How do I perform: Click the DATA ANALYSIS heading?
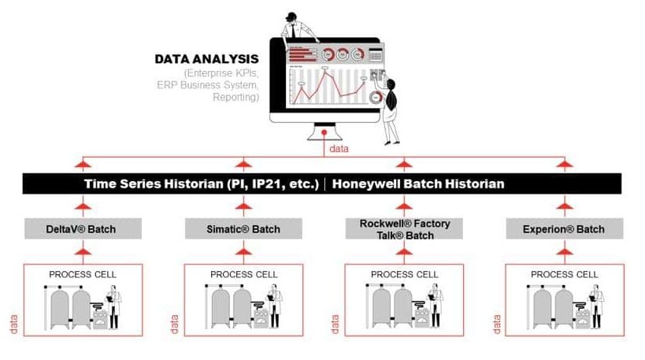pos(206,59)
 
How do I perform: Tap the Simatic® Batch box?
pos(243,228)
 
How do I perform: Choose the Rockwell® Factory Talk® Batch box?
pos(404,228)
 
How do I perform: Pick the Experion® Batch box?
pos(565,228)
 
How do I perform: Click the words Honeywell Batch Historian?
pos(418,184)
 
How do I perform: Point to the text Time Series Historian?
pos(154,184)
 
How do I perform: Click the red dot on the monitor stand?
pos(324,132)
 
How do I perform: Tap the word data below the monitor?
pos(339,149)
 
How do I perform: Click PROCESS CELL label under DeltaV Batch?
pos(83,274)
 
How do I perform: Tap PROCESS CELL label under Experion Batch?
pos(565,274)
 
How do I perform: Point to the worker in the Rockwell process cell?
pos(436,306)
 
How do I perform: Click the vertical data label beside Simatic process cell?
pos(174,325)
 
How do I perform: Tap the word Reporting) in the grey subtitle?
pos(235,97)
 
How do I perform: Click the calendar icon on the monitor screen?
pos(376,54)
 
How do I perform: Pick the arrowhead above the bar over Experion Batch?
pos(565,165)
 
